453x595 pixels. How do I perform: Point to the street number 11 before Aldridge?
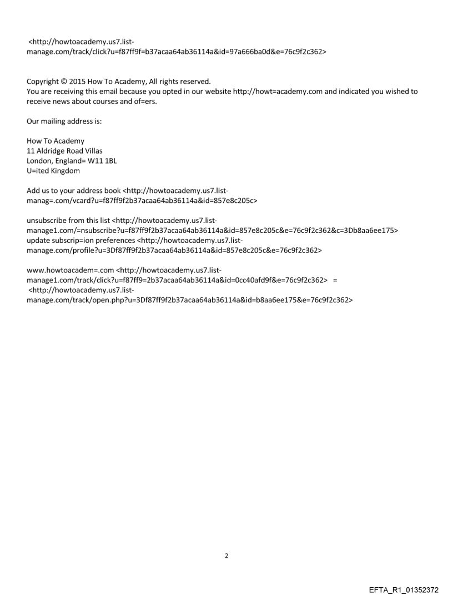click(31, 151)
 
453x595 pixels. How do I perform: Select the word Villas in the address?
click(92, 151)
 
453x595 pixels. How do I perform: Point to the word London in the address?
click(41, 161)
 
